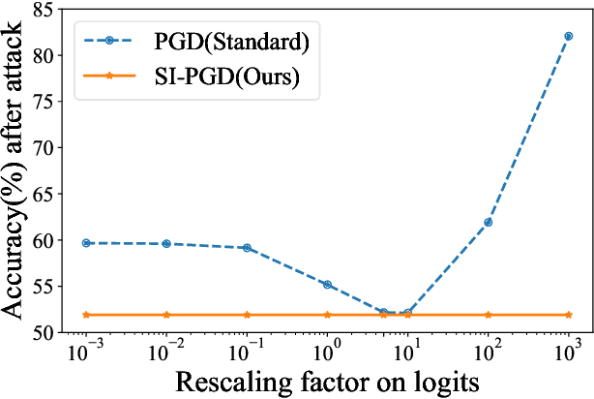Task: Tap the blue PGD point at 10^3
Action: click(x=568, y=36)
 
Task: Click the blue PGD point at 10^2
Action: click(x=488, y=222)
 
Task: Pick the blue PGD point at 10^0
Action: click(x=327, y=284)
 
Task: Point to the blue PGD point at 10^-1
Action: click(x=247, y=248)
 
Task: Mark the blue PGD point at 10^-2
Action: click(x=166, y=244)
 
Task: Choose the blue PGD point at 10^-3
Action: click(x=86, y=243)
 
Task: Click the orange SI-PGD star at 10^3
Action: click(x=568, y=315)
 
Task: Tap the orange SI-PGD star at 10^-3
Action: click(x=86, y=315)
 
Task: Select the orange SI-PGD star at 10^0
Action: click(x=327, y=315)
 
